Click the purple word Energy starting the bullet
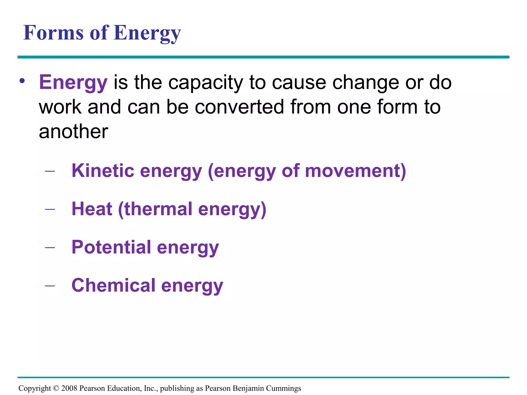tap(73, 83)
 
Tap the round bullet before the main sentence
tap(22, 81)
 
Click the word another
tap(73, 131)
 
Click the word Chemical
tap(113, 285)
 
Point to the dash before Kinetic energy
tap(50, 171)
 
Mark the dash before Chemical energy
tap(50, 286)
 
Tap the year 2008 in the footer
tap(69, 388)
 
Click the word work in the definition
tap(60, 107)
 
